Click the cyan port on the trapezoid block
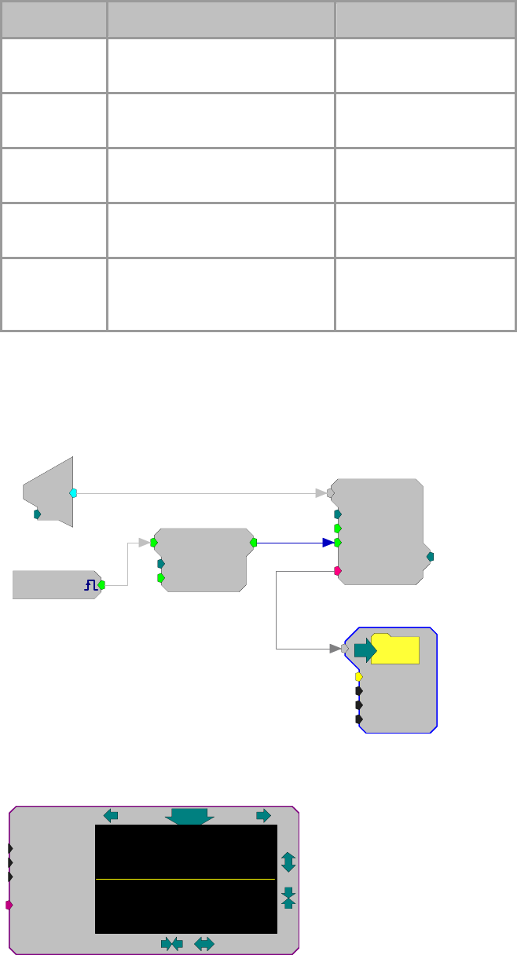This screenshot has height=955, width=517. [x=73, y=493]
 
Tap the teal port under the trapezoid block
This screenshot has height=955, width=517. [x=37, y=514]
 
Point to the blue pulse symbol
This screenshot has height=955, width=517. [x=90, y=584]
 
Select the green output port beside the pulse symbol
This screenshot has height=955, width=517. [x=101, y=584]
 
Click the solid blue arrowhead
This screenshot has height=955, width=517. [x=328, y=542]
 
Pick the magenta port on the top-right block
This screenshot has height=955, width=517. [x=338, y=571]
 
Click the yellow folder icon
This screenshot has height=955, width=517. [x=395, y=649]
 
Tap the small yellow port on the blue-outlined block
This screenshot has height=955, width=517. [x=359, y=676]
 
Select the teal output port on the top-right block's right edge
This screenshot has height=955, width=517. [x=430, y=557]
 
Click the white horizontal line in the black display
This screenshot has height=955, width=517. [x=185, y=879]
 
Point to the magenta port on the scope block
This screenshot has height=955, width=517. [x=9, y=905]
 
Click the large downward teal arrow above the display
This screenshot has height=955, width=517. [x=189, y=816]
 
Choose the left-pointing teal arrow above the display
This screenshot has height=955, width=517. [x=111, y=815]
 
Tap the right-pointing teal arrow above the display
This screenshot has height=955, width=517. [x=263, y=815]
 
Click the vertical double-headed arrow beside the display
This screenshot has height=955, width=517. [x=288, y=862]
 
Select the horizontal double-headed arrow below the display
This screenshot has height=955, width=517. [x=204, y=944]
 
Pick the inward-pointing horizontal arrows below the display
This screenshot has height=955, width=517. [x=171, y=944]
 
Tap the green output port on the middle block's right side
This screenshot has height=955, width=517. [x=253, y=542]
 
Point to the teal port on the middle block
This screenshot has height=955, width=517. [x=161, y=563]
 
